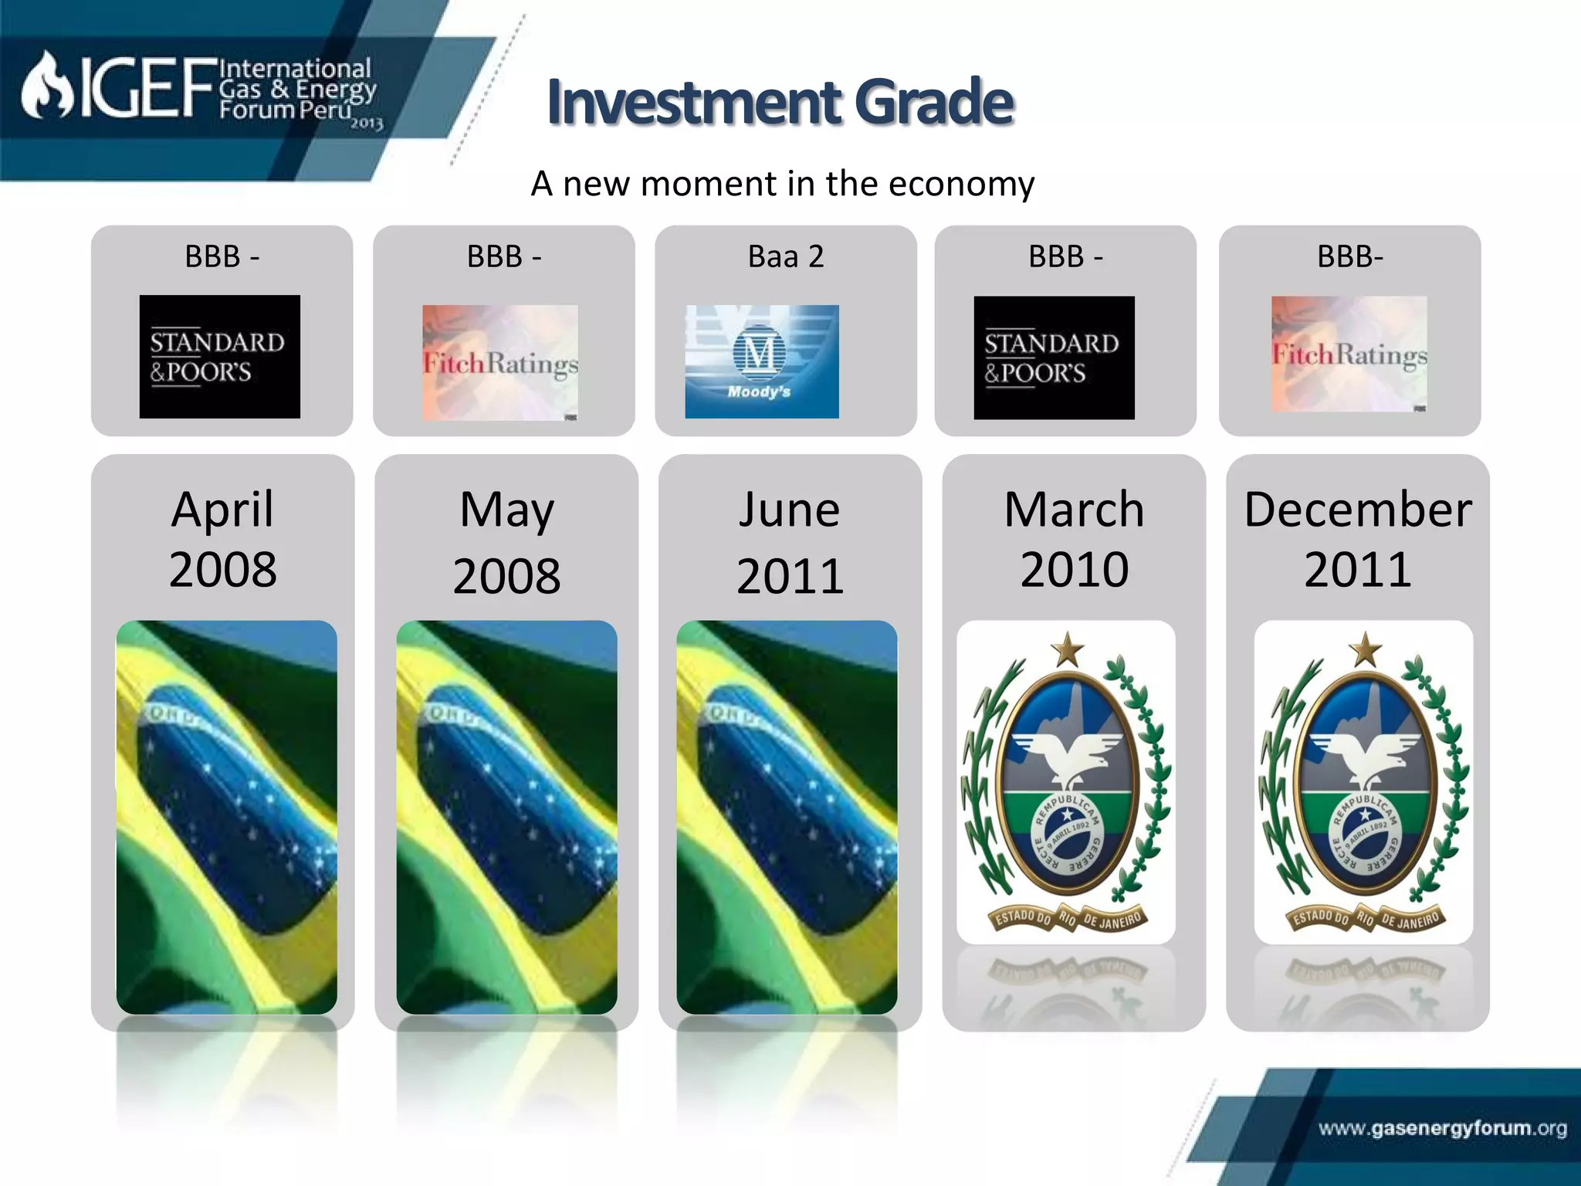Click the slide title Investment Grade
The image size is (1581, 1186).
pos(780,102)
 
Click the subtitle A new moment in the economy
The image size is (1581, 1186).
pos(782,184)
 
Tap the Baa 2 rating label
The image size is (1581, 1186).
pos(786,256)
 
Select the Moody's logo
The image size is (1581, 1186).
pos(761,361)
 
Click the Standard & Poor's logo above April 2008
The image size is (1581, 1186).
pos(219,357)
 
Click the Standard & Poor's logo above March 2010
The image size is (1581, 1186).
pos(1054,357)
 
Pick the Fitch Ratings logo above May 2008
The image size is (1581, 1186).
pos(500,362)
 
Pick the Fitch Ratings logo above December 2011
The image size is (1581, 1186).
pos(1349,354)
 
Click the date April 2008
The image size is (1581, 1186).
pos(222,539)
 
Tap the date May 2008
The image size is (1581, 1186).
pos(506,542)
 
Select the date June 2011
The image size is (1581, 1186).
pos(790,542)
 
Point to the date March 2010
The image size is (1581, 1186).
pos(1074,539)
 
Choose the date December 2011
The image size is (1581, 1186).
pos(1358,539)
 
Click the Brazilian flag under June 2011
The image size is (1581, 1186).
pos(787,817)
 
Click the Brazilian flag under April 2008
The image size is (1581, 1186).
pos(226,817)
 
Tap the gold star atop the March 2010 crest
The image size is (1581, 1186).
pos(1068,649)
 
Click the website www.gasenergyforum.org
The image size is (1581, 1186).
pos(1442,1128)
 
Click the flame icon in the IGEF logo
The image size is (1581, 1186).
pos(46,87)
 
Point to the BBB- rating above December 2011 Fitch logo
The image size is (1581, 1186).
pos(1349,256)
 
